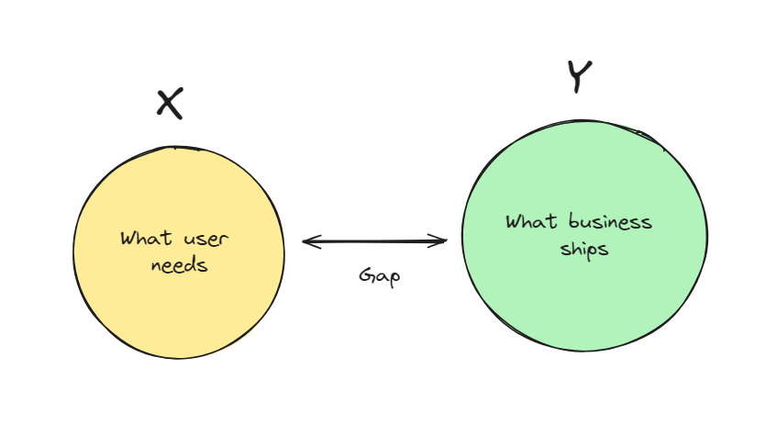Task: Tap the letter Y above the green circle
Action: click(x=578, y=77)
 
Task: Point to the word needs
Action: click(x=178, y=265)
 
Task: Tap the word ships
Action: click(x=583, y=249)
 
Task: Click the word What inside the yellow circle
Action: click(x=145, y=239)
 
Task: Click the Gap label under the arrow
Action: click(x=379, y=276)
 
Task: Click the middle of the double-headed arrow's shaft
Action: click(x=375, y=242)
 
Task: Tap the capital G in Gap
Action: click(x=366, y=275)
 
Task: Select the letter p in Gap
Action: click(x=394, y=278)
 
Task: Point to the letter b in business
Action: click(x=572, y=221)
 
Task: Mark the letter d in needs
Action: click(x=190, y=264)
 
